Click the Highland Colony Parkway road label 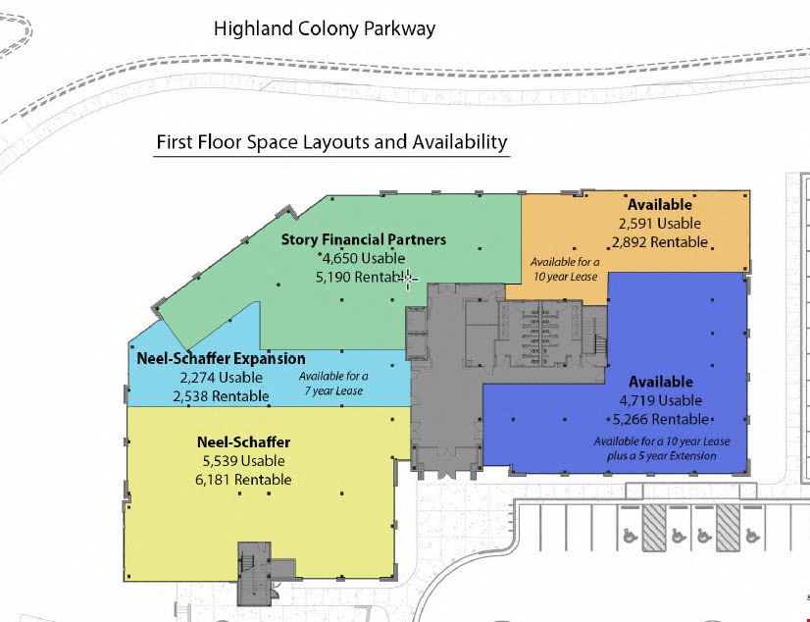coord(325,28)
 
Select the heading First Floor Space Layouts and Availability coord(331,141)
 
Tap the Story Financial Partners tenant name coord(364,239)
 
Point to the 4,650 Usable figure coord(363,258)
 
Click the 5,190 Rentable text coord(361,277)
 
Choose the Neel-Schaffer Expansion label coord(221,358)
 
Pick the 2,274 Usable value coord(221,378)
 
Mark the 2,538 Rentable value coord(221,396)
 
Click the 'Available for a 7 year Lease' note coord(333,384)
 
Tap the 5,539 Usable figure coord(244,461)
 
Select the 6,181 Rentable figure coord(243,480)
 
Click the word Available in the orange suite coord(660,205)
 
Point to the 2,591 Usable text coord(660,224)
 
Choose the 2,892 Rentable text coord(660,242)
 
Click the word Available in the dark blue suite coord(661,382)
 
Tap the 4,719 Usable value coord(661,400)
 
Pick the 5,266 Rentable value coord(661,420)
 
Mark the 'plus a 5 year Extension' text coord(662,456)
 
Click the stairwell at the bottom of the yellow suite coord(254,574)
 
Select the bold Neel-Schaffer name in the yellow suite coord(244,442)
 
